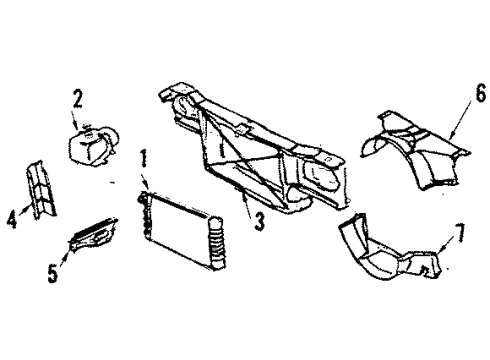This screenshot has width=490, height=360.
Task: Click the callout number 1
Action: click(144, 159)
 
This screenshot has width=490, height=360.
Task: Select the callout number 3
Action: click(258, 223)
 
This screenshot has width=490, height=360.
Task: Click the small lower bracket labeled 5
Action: click(93, 236)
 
